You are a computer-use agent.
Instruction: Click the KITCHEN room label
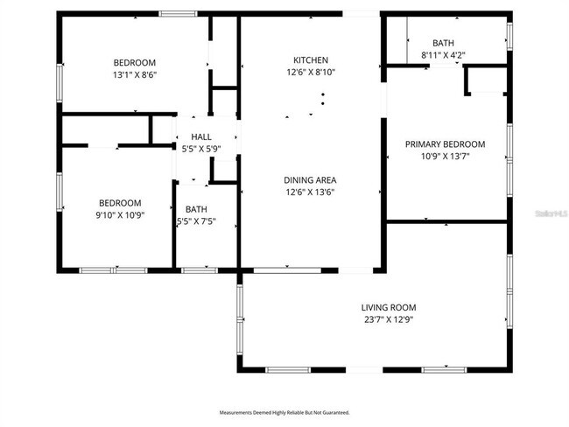[310, 59]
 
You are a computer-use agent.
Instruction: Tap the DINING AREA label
[310, 179]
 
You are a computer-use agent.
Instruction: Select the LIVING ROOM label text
[388, 307]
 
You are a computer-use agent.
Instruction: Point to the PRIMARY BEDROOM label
[445, 144]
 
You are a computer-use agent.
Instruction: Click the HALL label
[201, 136]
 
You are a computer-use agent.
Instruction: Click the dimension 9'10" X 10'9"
[120, 214]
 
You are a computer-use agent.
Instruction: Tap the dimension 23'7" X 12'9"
[388, 319]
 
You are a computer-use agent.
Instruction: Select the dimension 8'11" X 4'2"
[443, 55]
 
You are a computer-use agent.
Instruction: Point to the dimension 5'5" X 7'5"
[195, 222]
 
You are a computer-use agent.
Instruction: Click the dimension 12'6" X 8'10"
[310, 72]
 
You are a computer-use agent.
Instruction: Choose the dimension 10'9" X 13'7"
[445, 157]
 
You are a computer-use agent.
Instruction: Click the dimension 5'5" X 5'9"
[201, 149]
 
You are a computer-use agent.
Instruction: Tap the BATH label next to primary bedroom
[443, 43]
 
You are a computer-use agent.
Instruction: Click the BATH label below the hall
[195, 210]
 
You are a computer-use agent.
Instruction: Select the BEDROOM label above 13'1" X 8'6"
[134, 62]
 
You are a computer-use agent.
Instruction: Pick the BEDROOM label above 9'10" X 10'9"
[120, 202]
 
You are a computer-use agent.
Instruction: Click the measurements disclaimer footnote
[284, 411]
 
